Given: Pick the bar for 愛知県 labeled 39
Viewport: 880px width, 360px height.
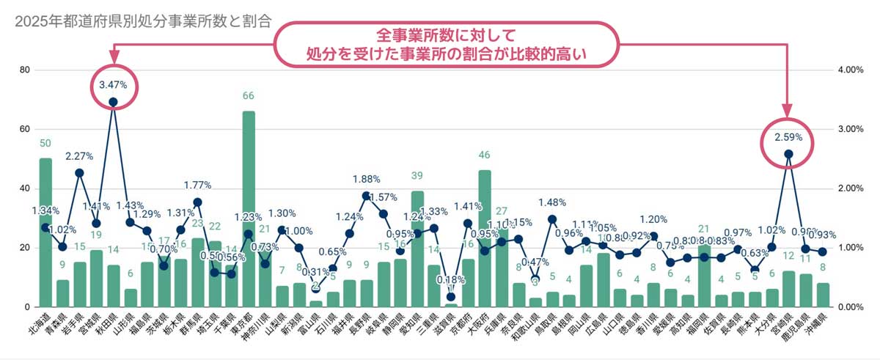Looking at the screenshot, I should coord(417,249).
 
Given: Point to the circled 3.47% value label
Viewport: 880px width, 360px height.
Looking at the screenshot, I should coord(113,85).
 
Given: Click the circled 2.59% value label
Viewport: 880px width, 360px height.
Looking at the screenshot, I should coord(788,137).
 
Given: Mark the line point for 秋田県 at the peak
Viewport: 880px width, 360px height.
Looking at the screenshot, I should coord(113,102).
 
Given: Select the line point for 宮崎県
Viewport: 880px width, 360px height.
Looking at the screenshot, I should coord(788,154).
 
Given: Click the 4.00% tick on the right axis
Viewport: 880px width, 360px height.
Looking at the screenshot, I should coord(850,70).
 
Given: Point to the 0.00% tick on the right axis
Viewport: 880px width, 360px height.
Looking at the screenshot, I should coord(850,307).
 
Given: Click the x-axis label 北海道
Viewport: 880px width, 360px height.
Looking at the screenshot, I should coord(41,328).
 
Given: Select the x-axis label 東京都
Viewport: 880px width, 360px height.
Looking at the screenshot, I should coord(244,328).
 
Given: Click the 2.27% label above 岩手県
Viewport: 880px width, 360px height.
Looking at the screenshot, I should coord(78,156).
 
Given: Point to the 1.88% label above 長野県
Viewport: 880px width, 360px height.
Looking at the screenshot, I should coord(366,179).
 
